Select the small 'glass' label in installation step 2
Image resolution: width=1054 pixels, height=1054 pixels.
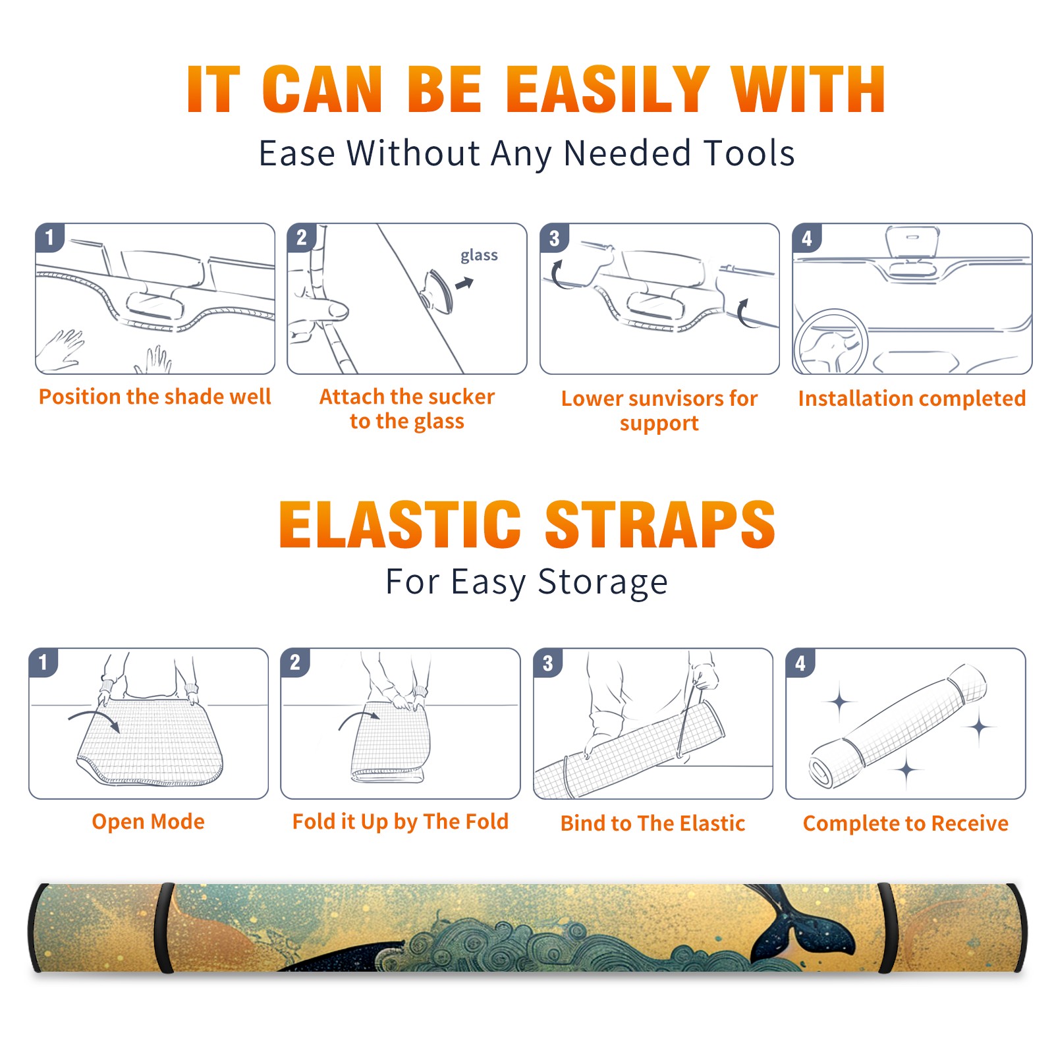tap(479, 256)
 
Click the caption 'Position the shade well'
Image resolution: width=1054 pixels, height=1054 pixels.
tap(155, 397)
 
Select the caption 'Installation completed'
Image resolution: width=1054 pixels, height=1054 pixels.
tap(912, 398)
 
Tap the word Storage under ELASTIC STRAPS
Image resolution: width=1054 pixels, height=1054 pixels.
tap(603, 582)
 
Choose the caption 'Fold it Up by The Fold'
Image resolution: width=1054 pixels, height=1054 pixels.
tap(401, 821)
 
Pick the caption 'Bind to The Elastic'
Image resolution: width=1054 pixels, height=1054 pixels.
tap(653, 823)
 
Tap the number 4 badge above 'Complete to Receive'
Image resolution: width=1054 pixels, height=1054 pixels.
tap(800, 663)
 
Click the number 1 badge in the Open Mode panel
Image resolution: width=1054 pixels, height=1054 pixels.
tap(43, 662)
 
